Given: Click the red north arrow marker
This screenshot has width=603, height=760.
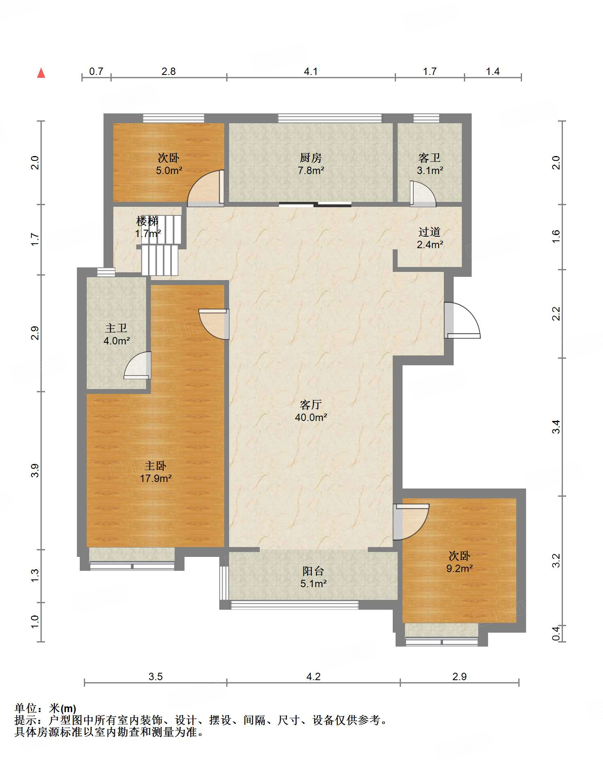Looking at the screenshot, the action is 41,73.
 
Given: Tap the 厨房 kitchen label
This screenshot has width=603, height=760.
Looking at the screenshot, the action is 311,158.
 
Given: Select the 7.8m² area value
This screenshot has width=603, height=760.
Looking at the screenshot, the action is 311,170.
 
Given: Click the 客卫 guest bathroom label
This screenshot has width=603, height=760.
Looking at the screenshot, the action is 430,158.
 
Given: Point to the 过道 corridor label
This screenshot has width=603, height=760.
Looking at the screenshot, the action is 430,232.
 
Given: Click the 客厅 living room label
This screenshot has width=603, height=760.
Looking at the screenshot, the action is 311,405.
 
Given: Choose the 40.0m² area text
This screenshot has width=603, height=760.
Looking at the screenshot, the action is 311,417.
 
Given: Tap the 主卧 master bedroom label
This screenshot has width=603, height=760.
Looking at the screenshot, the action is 155,466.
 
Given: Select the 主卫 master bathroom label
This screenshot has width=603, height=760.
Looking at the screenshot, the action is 117,328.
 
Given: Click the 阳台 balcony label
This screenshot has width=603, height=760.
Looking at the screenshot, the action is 313,571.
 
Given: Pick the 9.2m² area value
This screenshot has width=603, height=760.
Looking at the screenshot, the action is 459,568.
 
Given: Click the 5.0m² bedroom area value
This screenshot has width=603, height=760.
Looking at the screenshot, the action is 169,170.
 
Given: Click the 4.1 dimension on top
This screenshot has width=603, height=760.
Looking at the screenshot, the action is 311,72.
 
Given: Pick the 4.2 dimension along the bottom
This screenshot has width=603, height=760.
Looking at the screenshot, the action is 313,676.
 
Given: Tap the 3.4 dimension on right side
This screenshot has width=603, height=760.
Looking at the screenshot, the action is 556,427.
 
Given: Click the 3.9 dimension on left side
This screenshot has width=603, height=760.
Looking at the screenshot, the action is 35,470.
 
